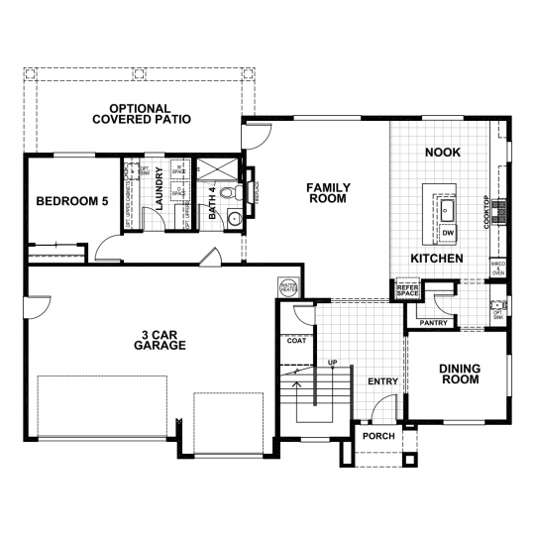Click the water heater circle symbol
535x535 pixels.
[x=288, y=287]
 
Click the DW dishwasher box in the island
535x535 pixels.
[x=448, y=233]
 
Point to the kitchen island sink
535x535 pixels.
[x=448, y=209]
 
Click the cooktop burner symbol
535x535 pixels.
[x=501, y=209]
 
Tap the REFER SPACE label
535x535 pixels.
[x=408, y=290]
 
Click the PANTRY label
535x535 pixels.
[x=435, y=322]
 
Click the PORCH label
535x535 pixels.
[x=378, y=436]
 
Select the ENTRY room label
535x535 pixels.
[x=382, y=381]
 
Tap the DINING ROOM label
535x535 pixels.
[x=460, y=374]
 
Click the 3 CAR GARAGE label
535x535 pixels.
[x=160, y=340]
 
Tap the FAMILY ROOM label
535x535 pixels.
[x=326, y=192]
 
